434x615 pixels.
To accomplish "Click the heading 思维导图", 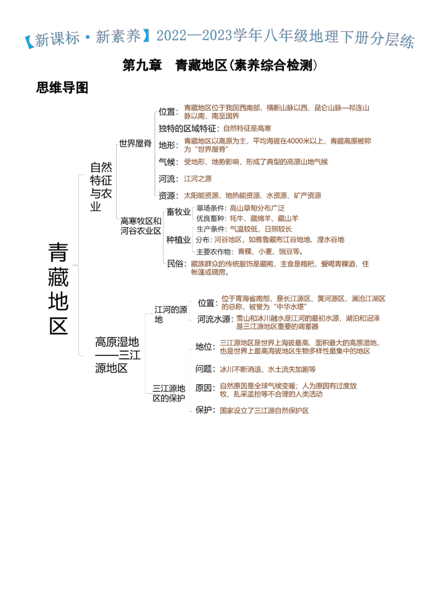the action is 62,87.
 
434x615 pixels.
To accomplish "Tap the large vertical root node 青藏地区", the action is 59,288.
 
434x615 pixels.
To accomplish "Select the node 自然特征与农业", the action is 101,187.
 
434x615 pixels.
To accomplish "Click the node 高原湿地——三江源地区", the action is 118,355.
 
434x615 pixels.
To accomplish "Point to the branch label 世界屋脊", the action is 135,143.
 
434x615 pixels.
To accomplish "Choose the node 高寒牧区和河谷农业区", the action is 141,226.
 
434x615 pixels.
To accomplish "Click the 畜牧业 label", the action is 178,212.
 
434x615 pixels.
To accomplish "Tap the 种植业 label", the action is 178,240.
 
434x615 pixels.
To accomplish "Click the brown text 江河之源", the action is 198,179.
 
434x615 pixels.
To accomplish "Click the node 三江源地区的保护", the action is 169,393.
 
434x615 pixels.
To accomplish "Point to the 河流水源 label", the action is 215,319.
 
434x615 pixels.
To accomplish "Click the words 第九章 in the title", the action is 142,65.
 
